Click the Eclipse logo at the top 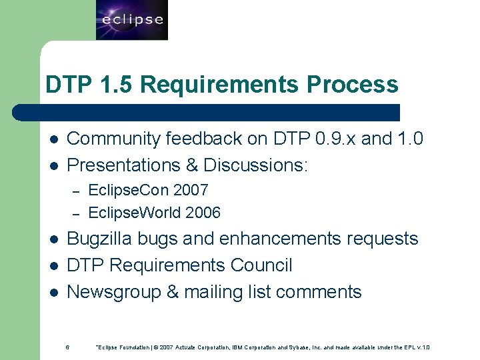(131, 20)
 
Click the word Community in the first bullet (114, 139)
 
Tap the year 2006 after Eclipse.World (203, 213)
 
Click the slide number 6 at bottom (67, 347)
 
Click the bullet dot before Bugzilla (53, 239)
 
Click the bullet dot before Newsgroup (53, 293)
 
